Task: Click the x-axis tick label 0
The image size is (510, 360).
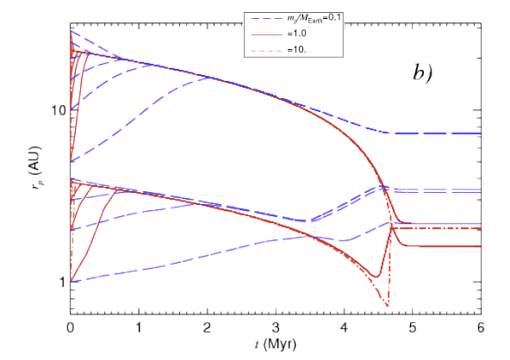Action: click(71, 327)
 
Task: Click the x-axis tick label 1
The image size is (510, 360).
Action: click(139, 327)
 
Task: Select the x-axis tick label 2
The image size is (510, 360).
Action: click(207, 327)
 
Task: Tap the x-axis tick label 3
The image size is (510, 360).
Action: click(276, 327)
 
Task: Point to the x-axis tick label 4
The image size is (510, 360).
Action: click(344, 327)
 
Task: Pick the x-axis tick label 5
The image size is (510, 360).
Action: click(413, 327)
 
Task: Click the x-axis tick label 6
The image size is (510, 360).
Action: click(481, 327)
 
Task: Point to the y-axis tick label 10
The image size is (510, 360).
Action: click(59, 110)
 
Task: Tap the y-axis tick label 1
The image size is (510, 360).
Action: click(62, 282)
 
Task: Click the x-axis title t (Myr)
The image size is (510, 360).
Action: click(276, 344)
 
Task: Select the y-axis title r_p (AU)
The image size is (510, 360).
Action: click(36, 168)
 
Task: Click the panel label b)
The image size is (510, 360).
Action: click(423, 72)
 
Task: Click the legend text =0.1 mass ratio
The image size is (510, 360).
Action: click(314, 18)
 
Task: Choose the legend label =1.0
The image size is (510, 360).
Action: click(296, 34)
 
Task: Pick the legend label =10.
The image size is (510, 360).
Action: click(296, 50)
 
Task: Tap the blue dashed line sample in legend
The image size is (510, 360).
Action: click(267, 19)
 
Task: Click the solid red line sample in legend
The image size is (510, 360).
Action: click(267, 34)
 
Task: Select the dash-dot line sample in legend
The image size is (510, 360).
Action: click(267, 50)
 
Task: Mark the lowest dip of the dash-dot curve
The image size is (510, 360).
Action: click(387, 306)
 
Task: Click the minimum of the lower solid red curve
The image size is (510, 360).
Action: click(376, 276)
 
